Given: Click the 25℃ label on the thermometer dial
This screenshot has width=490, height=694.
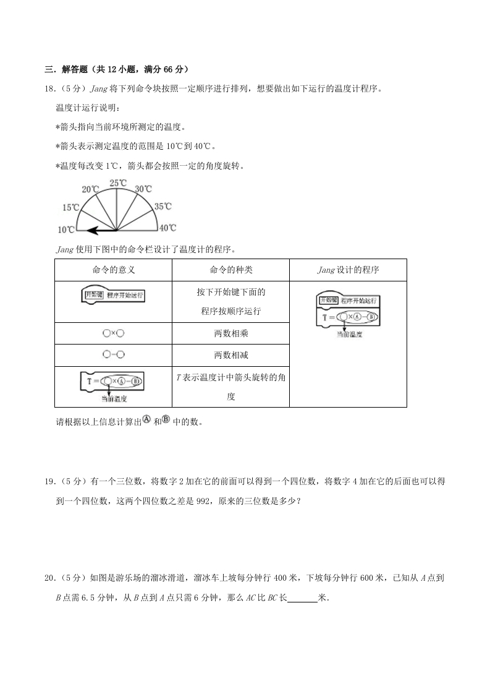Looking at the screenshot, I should [118, 183].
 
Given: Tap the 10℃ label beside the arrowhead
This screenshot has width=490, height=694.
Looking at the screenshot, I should [66, 229].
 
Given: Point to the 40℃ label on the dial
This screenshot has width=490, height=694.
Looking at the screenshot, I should [168, 228].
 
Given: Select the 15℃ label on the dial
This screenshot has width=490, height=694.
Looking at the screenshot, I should [70, 207].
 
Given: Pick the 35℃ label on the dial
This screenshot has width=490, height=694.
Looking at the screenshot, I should [163, 207].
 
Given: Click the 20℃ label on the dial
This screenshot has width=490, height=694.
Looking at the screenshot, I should [91, 189].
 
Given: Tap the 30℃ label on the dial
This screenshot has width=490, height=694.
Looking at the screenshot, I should [143, 189].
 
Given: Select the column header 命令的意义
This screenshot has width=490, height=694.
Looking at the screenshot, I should [113, 270].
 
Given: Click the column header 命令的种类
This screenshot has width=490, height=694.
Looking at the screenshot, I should [230, 270].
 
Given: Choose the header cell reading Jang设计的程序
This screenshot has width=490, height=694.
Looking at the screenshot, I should [348, 270].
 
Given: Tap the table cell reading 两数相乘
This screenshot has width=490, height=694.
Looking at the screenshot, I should [230, 333].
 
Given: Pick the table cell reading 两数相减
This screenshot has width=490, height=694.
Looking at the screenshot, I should [230, 356].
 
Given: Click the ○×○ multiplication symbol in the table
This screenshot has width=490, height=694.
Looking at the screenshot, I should [113, 333].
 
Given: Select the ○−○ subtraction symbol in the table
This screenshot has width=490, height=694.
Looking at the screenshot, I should [113, 355].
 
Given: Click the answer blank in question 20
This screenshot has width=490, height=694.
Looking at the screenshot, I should [302, 598].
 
